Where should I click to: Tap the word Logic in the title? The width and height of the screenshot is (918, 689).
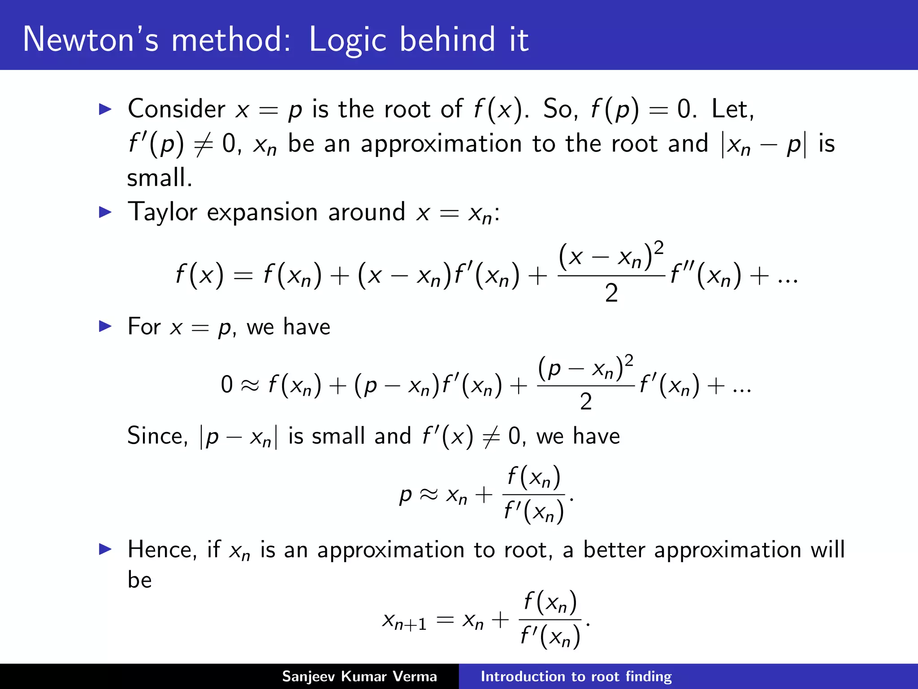348,40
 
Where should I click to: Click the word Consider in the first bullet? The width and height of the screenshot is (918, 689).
176,109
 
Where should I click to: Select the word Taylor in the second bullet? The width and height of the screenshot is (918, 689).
162,212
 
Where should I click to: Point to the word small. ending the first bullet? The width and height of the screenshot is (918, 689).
160,178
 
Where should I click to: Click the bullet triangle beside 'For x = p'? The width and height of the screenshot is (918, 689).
105,326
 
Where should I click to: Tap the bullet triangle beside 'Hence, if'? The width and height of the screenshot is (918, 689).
105,549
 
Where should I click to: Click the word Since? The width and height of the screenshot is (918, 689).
157,436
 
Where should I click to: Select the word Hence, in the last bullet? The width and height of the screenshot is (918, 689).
162,550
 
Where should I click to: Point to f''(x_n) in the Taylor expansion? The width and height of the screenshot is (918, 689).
706,275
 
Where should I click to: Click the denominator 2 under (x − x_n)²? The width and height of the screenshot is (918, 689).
611,294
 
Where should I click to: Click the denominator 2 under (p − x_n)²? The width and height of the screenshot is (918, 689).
586,401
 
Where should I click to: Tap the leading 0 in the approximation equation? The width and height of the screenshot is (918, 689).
227,385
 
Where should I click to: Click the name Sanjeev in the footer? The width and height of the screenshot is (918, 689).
308,676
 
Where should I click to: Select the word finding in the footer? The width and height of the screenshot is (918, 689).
649,676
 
